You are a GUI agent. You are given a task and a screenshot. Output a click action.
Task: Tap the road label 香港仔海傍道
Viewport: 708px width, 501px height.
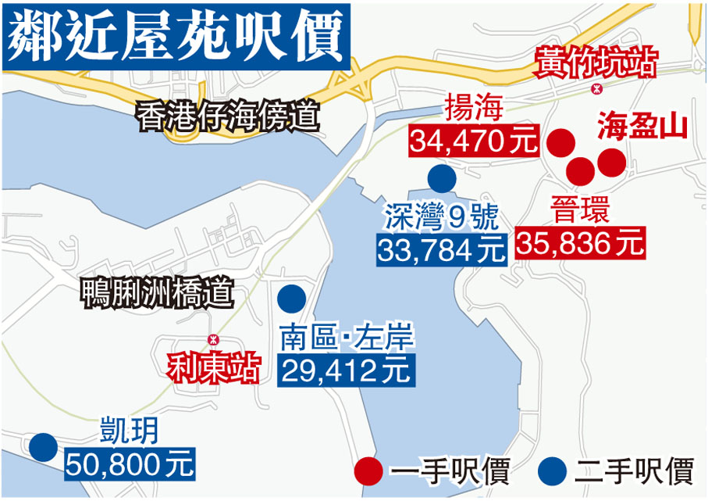(228, 116)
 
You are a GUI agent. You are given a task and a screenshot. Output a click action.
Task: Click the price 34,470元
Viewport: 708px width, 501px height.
(475, 141)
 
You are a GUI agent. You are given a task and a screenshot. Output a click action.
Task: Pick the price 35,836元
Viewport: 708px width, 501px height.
(581, 243)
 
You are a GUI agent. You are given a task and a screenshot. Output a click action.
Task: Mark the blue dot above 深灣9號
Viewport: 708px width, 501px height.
(442, 181)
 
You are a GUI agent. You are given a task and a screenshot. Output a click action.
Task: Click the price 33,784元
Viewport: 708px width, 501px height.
(443, 249)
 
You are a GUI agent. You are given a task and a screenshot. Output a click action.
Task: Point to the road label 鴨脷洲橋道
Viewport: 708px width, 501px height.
(157, 295)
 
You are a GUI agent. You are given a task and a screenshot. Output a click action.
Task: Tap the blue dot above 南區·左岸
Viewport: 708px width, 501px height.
(292, 298)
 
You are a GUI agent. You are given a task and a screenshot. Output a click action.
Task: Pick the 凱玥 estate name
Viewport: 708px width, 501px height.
(129, 431)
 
